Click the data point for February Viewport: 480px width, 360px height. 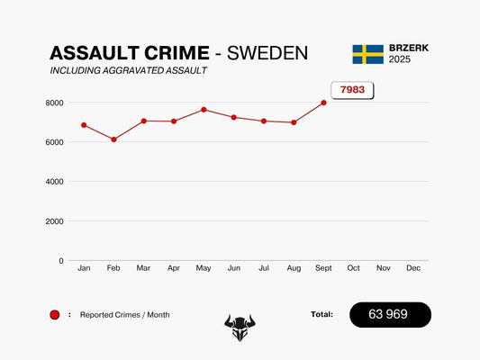coord(113,139)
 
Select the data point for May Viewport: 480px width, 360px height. coord(204,110)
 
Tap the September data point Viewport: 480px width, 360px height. coord(323,103)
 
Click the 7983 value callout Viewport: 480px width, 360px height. coord(351,90)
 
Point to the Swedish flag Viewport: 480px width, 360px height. coord(367,54)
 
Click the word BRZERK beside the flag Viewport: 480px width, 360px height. coord(408,48)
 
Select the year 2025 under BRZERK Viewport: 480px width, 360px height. coord(400,59)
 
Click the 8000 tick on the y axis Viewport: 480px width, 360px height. coord(55,103)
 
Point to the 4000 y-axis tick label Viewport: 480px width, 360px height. coord(55,182)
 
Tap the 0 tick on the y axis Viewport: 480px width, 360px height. coord(61,261)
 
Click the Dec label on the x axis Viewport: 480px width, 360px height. coord(413,268)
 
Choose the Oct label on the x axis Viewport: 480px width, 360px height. coord(353,268)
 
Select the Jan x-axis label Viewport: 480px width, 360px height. coord(84,268)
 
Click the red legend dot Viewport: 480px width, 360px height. coord(55,315)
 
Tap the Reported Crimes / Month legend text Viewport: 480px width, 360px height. coord(124,315)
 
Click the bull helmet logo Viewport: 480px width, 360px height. coord(240,328)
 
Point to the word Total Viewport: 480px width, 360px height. coord(321,314)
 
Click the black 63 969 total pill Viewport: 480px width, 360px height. coord(390,315)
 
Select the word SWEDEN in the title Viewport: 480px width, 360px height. coord(267,53)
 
